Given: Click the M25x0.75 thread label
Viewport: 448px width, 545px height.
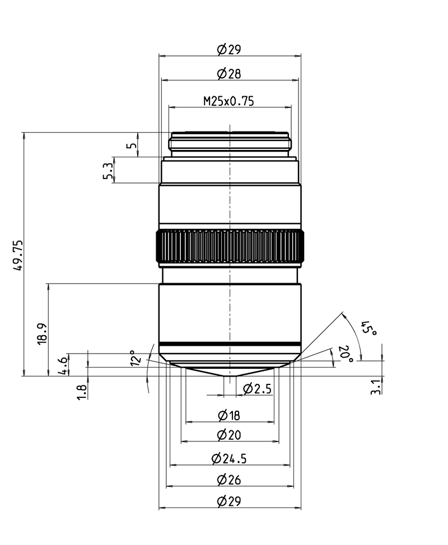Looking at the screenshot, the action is tap(228, 101).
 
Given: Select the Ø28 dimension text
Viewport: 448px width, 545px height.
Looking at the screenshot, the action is tap(228, 74).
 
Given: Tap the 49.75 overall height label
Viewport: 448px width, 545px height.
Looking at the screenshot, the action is tap(18, 255).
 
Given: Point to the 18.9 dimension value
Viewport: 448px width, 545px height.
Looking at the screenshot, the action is tap(42, 334).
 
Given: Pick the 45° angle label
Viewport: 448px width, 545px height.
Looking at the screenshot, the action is tap(368, 328).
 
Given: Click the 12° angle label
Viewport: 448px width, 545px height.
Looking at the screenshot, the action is tap(136, 358).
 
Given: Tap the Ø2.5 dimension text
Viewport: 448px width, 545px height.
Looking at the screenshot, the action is tap(257, 388).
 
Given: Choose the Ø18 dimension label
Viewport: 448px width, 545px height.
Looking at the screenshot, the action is tap(228, 415).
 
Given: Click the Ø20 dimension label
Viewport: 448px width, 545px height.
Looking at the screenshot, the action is tap(228, 435).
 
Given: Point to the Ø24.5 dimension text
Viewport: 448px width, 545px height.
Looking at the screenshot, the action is tap(228, 459).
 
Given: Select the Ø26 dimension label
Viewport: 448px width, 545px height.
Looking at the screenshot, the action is tap(228, 480).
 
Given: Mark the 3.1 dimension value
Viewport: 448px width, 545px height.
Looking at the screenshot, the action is tap(375, 387).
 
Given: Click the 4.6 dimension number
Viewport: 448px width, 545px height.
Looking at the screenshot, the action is tap(63, 366).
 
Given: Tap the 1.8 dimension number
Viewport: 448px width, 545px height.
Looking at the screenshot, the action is tap(82, 392).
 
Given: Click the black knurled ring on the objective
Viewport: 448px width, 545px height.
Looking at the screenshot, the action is tap(230, 246).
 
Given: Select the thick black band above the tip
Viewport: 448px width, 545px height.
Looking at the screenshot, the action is tap(230, 345).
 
